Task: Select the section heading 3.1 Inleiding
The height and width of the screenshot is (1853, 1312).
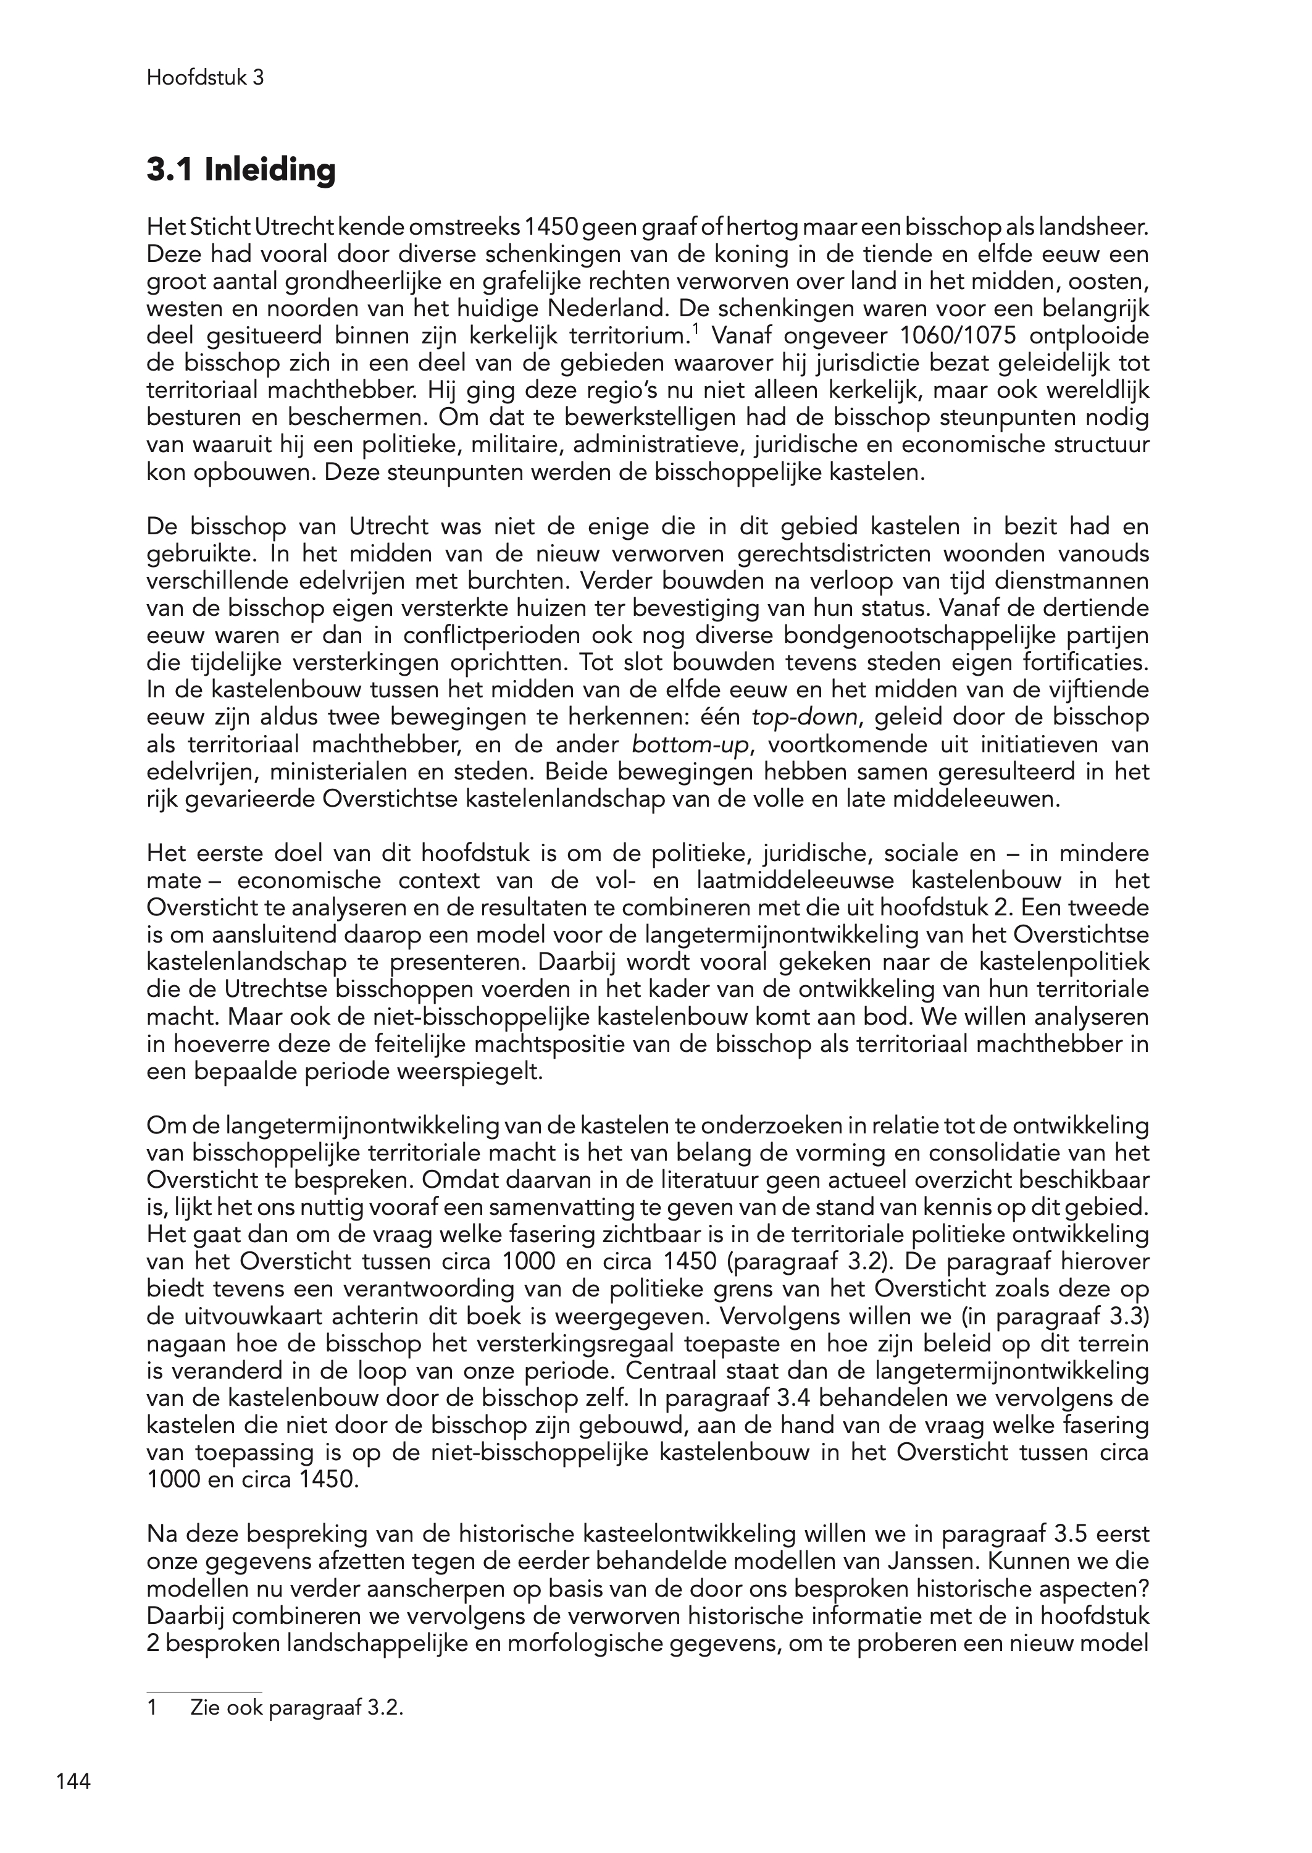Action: point(241,170)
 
